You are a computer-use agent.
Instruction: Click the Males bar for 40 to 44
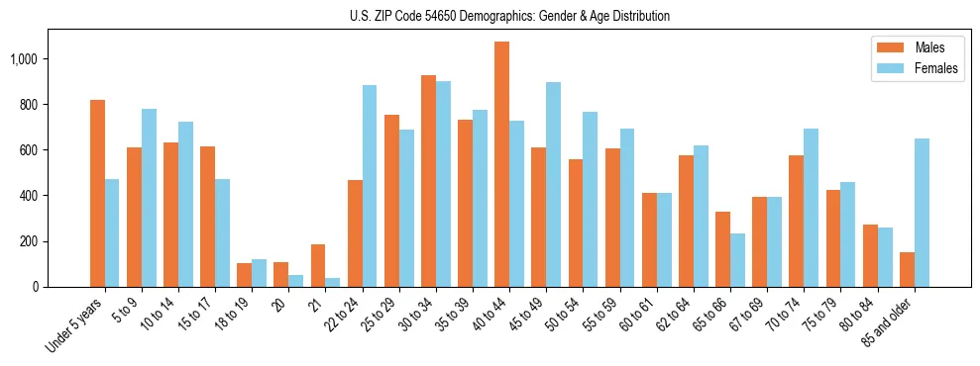[501, 164]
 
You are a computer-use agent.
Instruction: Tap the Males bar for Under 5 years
[97, 193]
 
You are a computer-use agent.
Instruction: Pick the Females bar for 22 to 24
[370, 186]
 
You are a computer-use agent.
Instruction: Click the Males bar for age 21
[318, 265]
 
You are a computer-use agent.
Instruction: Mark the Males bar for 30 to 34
[428, 181]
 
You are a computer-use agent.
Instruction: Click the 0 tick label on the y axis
[34, 287]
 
